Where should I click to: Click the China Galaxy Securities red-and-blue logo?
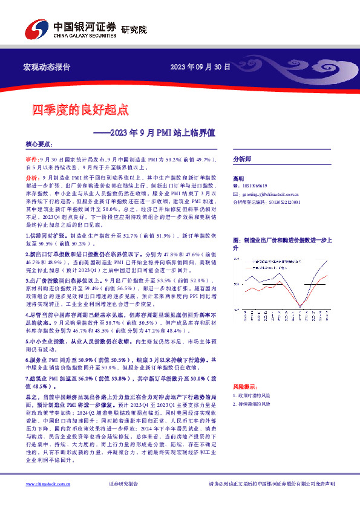(37, 28)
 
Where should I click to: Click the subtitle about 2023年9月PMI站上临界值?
(160, 130)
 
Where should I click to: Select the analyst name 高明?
(238, 179)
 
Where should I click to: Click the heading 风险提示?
(244, 386)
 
